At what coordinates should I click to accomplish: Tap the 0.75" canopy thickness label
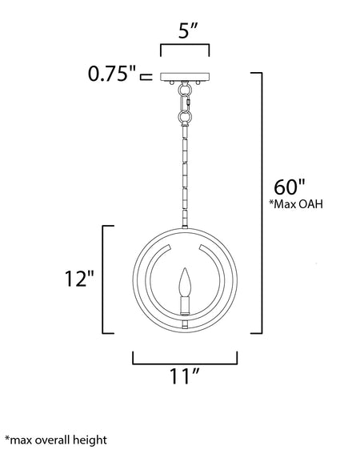point(111,74)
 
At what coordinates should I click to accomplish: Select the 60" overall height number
point(290,187)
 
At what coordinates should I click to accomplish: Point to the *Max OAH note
point(296,204)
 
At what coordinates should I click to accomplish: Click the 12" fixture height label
point(79,279)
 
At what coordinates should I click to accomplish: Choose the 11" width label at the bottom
point(184,376)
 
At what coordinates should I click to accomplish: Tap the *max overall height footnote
point(56,440)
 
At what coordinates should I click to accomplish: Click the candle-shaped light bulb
point(185,282)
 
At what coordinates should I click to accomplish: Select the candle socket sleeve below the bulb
point(185,305)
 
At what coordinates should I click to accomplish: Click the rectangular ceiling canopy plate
point(185,77)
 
